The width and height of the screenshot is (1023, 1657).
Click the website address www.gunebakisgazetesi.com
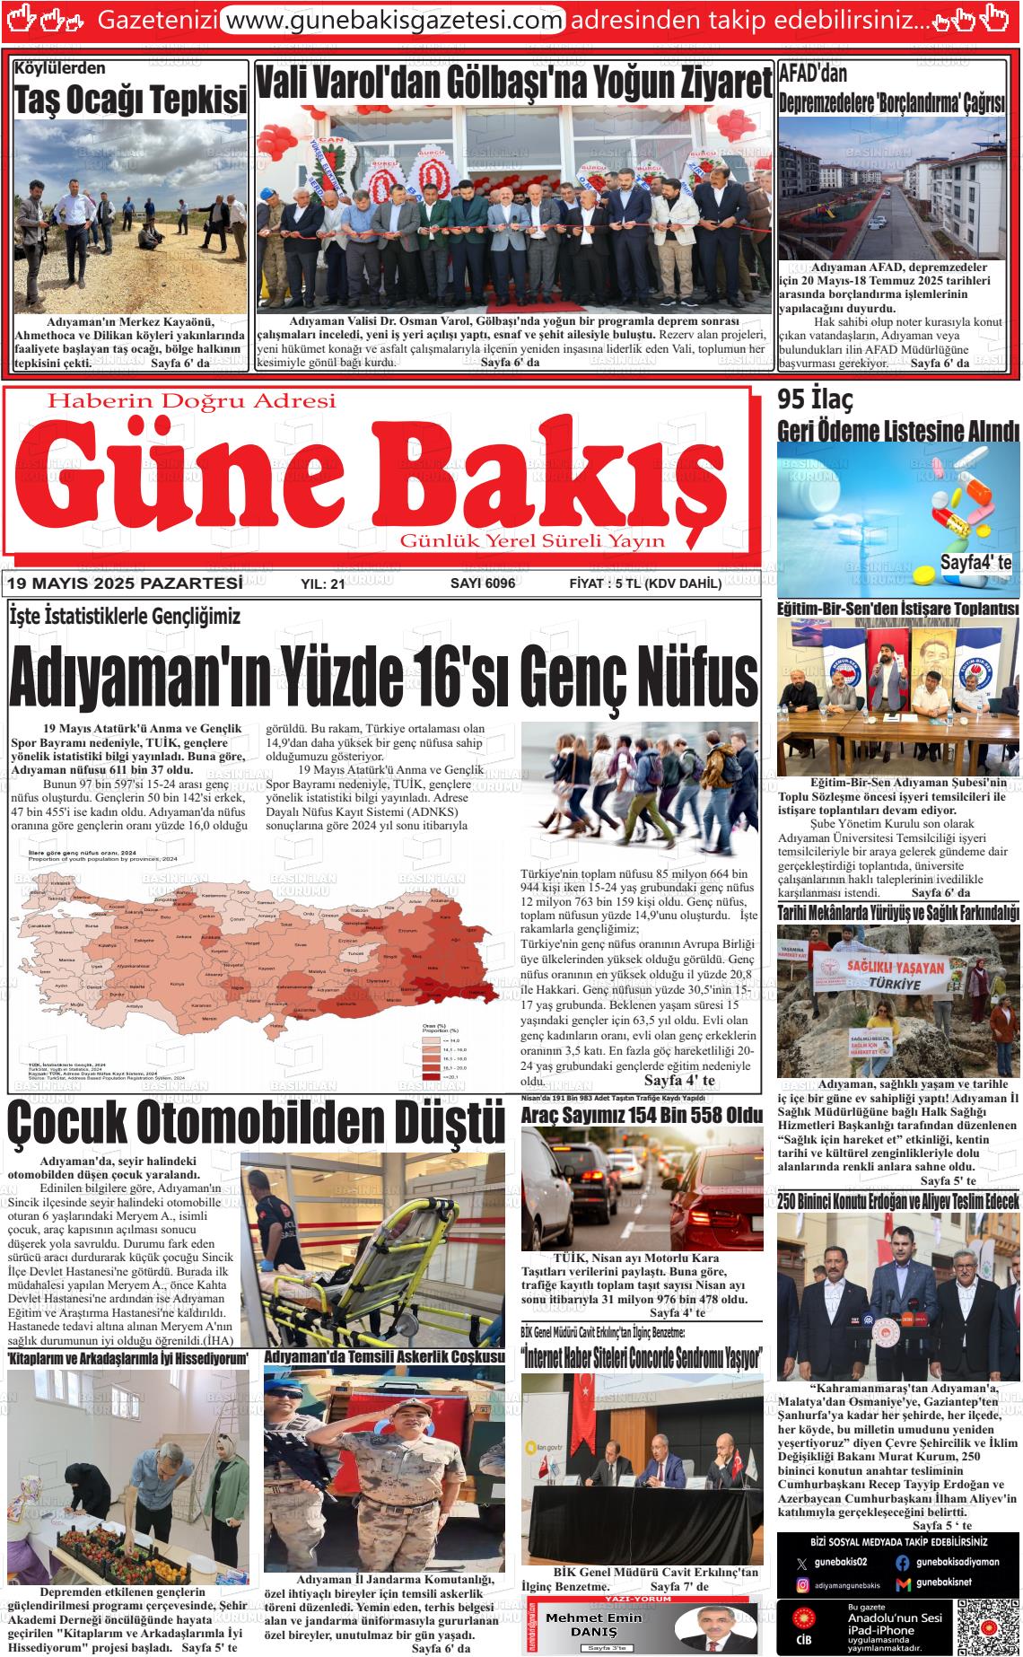point(392,19)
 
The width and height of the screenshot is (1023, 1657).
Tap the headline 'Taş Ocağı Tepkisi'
point(130,101)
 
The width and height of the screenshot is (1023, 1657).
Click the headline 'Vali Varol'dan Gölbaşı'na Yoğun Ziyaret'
point(513,84)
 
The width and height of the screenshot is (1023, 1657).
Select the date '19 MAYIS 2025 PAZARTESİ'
point(124,583)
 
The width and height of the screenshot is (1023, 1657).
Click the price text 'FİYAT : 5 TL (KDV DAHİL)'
point(645,583)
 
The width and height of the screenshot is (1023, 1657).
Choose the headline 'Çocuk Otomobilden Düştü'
point(257,1121)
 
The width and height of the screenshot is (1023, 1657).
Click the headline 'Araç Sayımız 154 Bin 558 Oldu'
point(642,1115)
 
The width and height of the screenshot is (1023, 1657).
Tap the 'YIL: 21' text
point(323,584)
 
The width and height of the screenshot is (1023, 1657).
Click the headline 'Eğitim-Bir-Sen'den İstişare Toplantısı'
point(897,609)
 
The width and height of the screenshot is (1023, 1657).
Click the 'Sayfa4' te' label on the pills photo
point(975,563)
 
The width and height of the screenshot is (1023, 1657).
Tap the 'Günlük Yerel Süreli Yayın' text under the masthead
point(532,540)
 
